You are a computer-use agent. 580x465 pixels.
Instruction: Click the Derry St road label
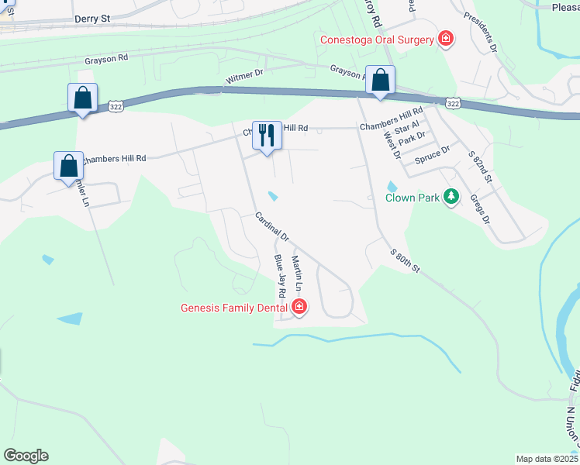tap(93, 19)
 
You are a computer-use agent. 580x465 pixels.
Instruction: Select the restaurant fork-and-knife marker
tap(267, 136)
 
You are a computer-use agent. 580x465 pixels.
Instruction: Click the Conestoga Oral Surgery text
tap(376, 40)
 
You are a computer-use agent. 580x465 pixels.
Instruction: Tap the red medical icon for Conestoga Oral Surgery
tap(446, 39)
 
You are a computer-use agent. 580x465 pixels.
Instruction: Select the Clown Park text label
tap(412, 198)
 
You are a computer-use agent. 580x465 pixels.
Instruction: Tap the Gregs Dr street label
tap(480, 209)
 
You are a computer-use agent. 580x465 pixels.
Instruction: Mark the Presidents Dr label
tap(481, 32)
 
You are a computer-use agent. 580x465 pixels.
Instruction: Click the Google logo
tap(26, 456)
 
